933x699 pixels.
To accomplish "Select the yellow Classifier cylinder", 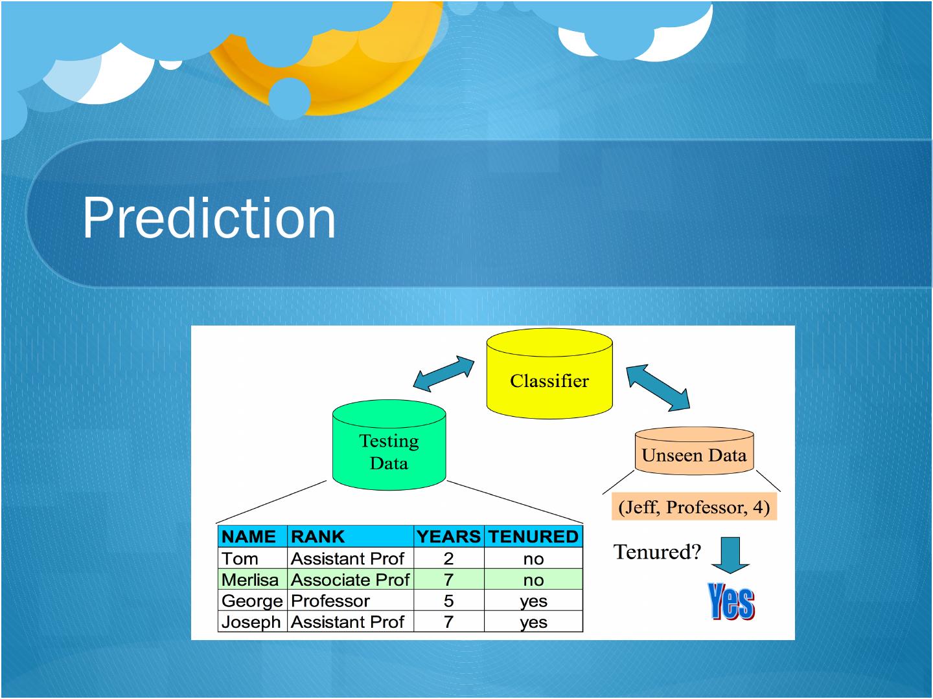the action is (549, 373).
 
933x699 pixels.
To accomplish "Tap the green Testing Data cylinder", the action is (389, 445).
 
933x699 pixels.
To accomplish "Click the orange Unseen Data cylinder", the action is (694, 451).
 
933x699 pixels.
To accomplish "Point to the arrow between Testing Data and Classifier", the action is (443, 373).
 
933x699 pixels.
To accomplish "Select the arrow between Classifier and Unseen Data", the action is (658, 388).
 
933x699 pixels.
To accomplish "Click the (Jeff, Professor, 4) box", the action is (694, 507).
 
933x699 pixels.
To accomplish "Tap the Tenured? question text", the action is (657, 551).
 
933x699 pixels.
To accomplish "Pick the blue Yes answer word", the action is (731, 601).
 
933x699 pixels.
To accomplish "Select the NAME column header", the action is (249, 537).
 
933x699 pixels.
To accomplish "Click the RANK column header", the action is (317, 537).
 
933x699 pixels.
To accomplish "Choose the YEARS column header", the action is (448, 537).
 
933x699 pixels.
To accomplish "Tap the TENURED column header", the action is (533, 537).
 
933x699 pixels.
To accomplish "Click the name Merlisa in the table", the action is (250, 580).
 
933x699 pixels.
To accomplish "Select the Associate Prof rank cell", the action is (351, 580).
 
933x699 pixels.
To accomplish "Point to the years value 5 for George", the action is (448, 601).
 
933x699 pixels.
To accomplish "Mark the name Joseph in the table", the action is (251, 622).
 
